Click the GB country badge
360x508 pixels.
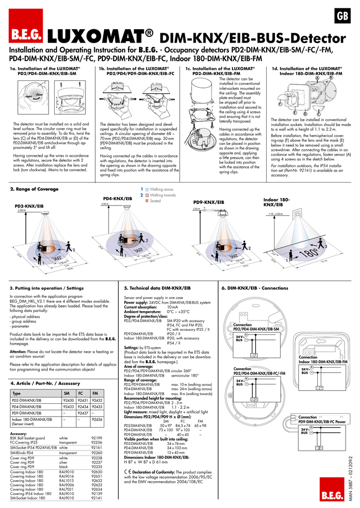[342, 16]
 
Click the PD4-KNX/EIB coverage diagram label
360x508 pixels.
[117, 198]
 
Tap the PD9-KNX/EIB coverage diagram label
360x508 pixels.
[209, 202]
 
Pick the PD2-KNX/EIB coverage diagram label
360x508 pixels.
[29, 205]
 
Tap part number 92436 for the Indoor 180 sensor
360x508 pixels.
[97, 419]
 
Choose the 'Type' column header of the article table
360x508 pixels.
[16, 393]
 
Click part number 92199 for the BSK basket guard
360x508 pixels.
[97, 438]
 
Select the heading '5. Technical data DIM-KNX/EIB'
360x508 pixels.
[157, 288]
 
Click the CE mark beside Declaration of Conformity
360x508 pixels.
[128, 472]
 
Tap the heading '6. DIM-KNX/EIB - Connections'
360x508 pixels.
[254, 288]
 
